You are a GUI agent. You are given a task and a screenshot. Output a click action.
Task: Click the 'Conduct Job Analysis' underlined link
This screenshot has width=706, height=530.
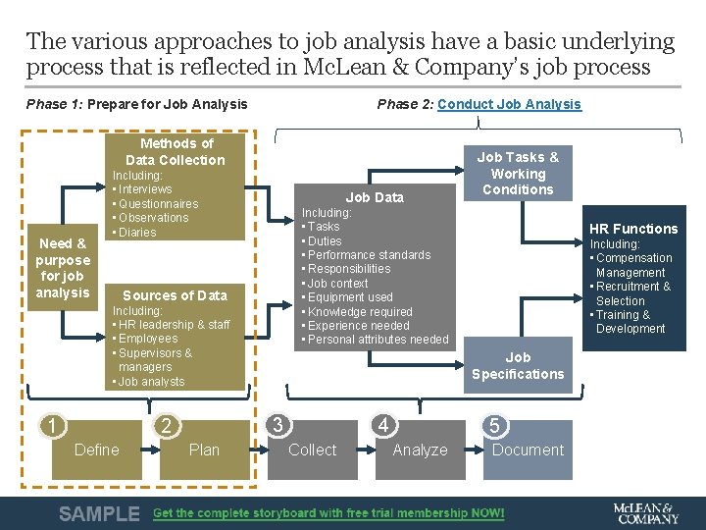pyautogui.click(x=509, y=104)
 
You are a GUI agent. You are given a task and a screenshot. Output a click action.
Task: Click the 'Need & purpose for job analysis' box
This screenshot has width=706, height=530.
pyautogui.click(x=63, y=268)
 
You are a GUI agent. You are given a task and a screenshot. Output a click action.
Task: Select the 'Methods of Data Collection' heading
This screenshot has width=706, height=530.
pyautogui.click(x=175, y=151)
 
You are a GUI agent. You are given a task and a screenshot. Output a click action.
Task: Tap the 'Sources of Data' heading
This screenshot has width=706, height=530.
pyautogui.click(x=175, y=295)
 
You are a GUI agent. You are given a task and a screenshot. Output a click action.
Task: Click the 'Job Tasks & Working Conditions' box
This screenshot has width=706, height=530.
pyautogui.click(x=518, y=173)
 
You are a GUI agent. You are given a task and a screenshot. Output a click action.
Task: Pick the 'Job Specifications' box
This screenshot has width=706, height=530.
pyautogui.click(x=518, y=365)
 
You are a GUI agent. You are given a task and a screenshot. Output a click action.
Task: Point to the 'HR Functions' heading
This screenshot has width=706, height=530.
pyautogui.click(x=632, y=229)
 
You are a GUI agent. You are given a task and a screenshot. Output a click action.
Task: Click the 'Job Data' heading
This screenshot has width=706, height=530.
pyautogui.click(x=375, y=197)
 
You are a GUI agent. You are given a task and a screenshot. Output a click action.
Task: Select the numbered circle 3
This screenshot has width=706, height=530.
pyautogui.click(x=278, y=425)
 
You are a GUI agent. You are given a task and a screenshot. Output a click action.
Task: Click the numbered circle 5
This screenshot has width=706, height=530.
pyautogui.click(x=494, y=425)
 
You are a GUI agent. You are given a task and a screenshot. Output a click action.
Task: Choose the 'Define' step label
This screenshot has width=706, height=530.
pyautogui.click(x=96, y=450)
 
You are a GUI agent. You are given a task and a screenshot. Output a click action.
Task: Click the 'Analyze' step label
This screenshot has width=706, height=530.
pyautogui.click(x=420, y=450)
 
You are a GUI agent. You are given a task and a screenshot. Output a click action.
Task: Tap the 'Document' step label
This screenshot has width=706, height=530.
pyautogui.click(x=528, y=450)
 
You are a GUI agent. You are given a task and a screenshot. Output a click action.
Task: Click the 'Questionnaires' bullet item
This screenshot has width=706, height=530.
pyautogui.click(x=158, y=203)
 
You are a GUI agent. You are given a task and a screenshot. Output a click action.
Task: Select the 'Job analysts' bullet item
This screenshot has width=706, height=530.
pyautogui.click(x=151, y=382)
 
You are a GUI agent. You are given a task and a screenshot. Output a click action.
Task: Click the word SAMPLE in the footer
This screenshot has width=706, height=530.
pyautogui.click(x=99, y=513)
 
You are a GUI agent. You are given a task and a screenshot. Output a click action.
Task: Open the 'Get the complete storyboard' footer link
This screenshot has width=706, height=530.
pyautogui.click(x=328, y=513)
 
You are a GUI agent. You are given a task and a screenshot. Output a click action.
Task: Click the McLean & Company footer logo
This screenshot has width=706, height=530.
pyautogui.click(x=644, y=513)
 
